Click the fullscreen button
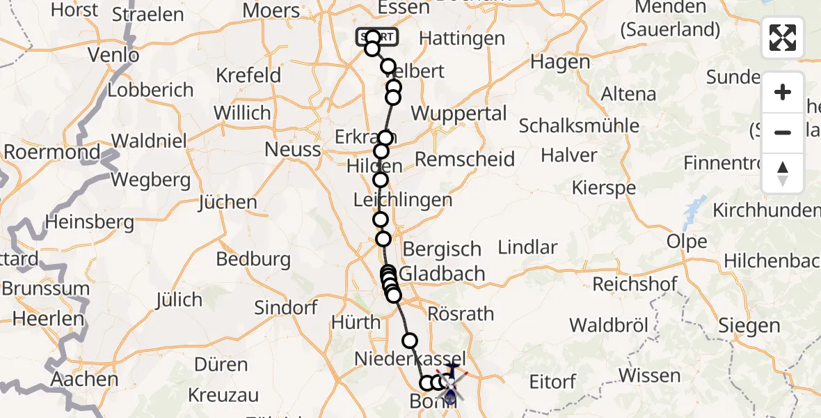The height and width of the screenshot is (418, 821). pyautogui.click(x=783, y=38)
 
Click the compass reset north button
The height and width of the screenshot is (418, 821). pyautogui.click(x=783, y=173)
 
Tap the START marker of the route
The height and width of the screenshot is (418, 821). pyautogui.click(x=377, y=36)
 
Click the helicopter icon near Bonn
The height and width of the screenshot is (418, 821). pyautogui.click(x=451, y=384)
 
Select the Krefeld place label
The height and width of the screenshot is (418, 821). pyautogui.click(x=248, y=75)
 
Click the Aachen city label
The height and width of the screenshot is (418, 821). pyautogui.click(x=84, y=380)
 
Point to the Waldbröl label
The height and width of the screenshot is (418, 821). pyautogui.click(x=609, y=325)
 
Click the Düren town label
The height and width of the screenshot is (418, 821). pyautogui.click(x=221, y=364)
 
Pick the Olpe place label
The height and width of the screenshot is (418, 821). pyautogui.click(x=687, y=242)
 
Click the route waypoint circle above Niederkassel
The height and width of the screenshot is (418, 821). pyautogui.click(x=410, y=341)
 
